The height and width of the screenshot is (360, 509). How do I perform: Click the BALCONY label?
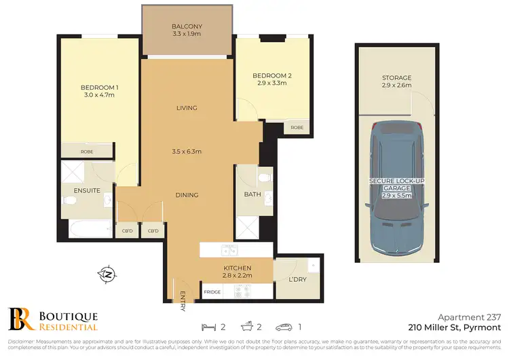tap(187, 26)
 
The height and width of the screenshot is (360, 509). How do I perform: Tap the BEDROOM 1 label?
tap(99, 88)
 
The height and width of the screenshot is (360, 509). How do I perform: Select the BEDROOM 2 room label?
tap(271, 75)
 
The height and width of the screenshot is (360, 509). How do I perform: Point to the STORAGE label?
tap(396, 78)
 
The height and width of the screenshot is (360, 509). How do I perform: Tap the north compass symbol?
tap(107, 275)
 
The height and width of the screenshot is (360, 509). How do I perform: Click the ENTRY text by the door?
tap(183, 302)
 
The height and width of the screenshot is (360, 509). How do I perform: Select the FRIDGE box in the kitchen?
tap(212, 292)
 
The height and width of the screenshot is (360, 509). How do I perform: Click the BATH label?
tap(252, 195)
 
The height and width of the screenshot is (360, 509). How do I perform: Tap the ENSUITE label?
tap(88, 191)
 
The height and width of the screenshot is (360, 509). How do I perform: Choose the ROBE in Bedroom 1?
tap(86, 151)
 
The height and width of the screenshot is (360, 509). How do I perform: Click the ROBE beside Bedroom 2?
tap(297, 127)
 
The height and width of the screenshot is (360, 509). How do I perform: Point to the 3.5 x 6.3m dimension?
tap(187, 151)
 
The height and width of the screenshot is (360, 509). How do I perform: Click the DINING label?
tap(187, 195)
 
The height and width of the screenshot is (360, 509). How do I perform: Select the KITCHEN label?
tap(238, 268)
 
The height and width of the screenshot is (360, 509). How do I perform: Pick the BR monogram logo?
tap(20, 320)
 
